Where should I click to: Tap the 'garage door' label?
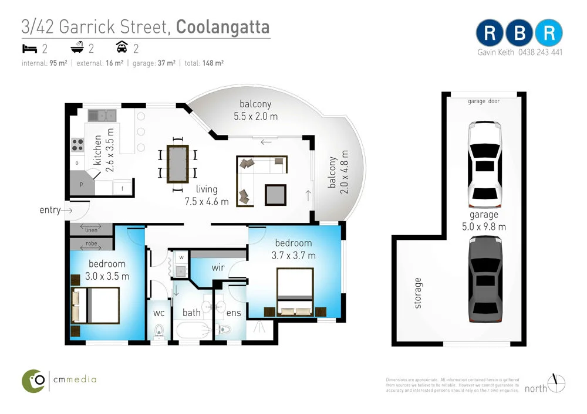pos(484,101)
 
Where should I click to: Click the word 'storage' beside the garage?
pos(417,293)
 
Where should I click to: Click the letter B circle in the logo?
pos(519,34)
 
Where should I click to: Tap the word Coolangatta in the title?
pos(223,27)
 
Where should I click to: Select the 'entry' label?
pos(50,210)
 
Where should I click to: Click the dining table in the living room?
pos(177,164)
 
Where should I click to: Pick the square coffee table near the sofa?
pos(275,194)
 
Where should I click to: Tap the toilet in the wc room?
pos(157,332)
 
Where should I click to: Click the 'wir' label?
pos(218,267)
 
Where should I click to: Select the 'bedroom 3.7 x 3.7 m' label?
pos(293,249)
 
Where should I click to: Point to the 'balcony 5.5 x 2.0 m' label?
pos(255,110)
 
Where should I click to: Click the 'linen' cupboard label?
pos(91,230)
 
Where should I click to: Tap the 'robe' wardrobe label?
pos(91,243)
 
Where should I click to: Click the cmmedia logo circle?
pos(35,380)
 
